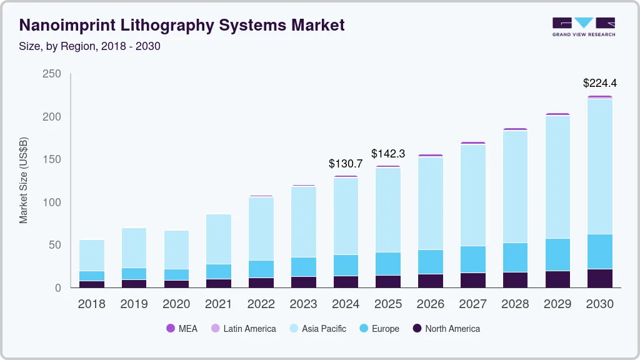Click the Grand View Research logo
tap(583, 26)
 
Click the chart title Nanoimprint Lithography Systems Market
tap(181, 26)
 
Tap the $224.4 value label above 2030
tap(599, 83)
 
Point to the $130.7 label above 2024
tap(346, 164)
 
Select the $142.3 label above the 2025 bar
tap(388, 154)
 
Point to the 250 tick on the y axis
tap(51, 74)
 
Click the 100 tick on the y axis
tap(51, 202)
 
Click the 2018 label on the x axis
tap(91, 304)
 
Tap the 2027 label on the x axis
tap(472, 304)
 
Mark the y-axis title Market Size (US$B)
tap(24, 181)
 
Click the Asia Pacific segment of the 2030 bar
tap(599, 166)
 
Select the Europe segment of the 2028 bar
tap(515, 257)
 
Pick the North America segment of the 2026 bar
tap(430, 281)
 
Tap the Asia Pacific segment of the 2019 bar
tap(134, 248)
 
